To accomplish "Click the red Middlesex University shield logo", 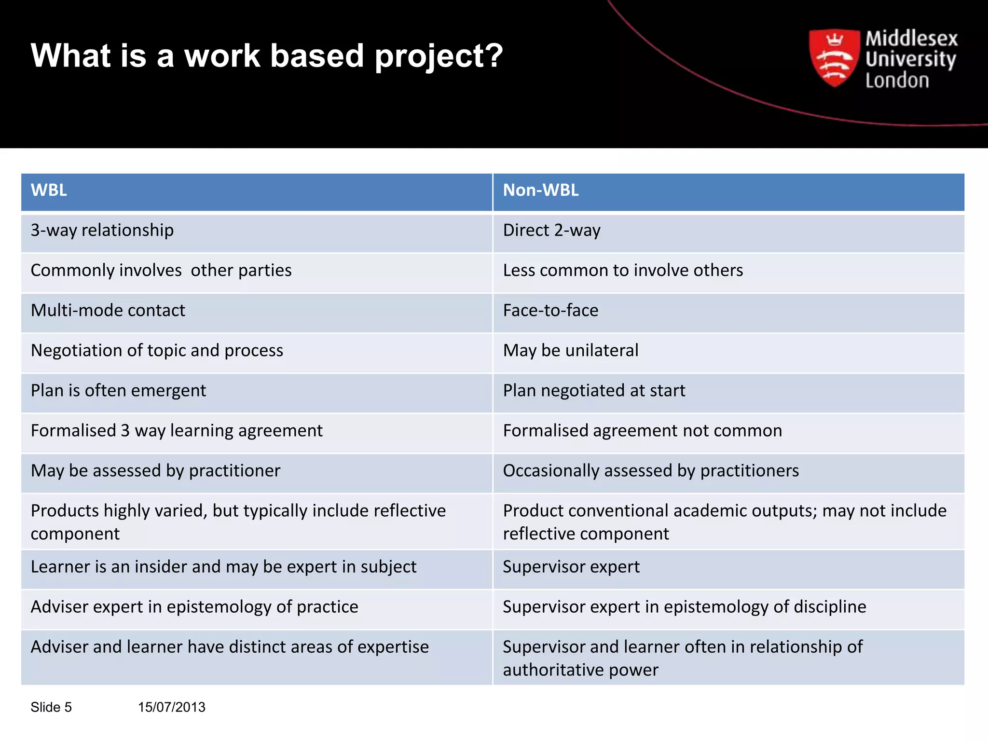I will click(x=834, y=58).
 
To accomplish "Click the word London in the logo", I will click(x=897, y=81).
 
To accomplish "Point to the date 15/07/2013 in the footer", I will click(x=171, y=707).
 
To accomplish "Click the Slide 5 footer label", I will click(x=51, y=707).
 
